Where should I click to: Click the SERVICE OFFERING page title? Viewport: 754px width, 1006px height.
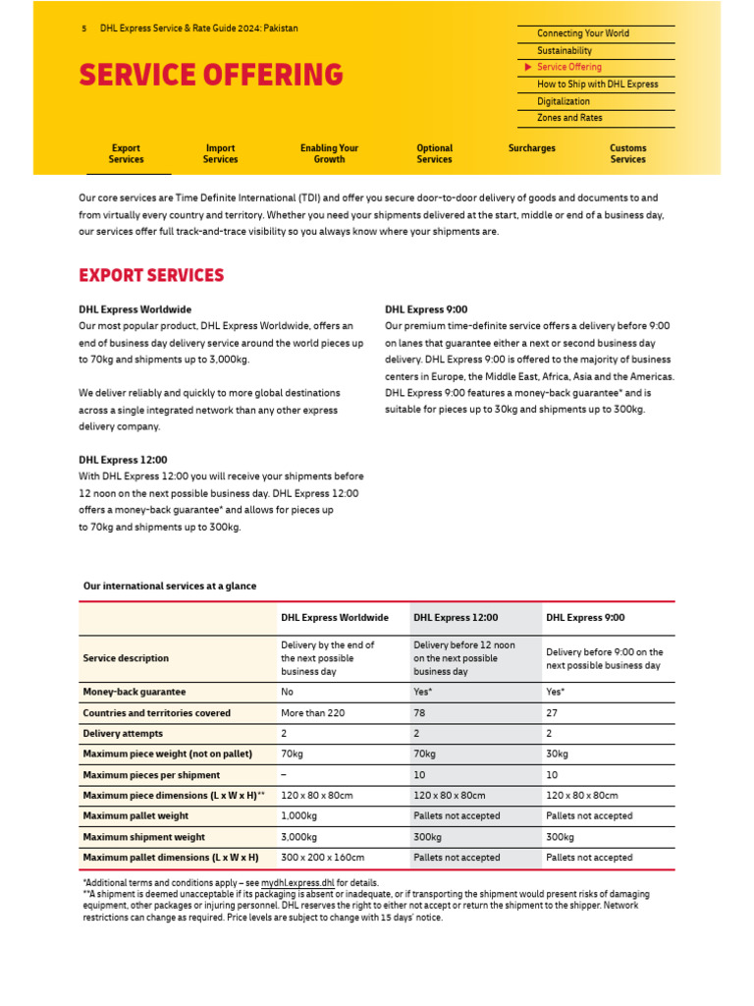[x=211, y=75]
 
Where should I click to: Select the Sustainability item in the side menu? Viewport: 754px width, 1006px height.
[x=565, y=50]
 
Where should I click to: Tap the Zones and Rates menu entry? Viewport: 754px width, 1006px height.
[x=569, y=118]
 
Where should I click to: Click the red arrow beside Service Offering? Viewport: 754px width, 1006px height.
[x=528, y=67]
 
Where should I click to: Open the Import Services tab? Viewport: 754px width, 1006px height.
[x=220, y=153]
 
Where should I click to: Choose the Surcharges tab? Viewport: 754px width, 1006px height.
[x=531, y=148]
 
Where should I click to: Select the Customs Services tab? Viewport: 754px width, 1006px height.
[x=627, y=153]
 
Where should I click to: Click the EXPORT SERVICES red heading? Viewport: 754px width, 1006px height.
[x=151, y=275]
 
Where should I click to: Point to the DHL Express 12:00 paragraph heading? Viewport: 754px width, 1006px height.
[x=123, y=460]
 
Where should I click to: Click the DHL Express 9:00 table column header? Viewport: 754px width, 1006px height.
[x=585, y=618]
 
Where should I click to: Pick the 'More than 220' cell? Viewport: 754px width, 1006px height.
[x=313, y=713]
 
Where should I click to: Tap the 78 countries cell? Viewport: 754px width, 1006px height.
[x=420, y=713]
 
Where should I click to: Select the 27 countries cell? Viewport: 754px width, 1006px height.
[x=553, y=713]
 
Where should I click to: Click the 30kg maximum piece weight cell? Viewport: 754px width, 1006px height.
[x=557, y=754]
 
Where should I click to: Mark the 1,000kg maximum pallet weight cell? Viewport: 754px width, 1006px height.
[x=299, y=816]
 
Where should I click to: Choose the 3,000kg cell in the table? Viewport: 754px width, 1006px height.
[x=299, y=837]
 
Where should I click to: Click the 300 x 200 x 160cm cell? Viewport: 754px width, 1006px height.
[x=323, y=858]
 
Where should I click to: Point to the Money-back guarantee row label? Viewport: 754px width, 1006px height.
[x=135, y=693]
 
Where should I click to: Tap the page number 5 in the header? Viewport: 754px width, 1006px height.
[x=84, y=28]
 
